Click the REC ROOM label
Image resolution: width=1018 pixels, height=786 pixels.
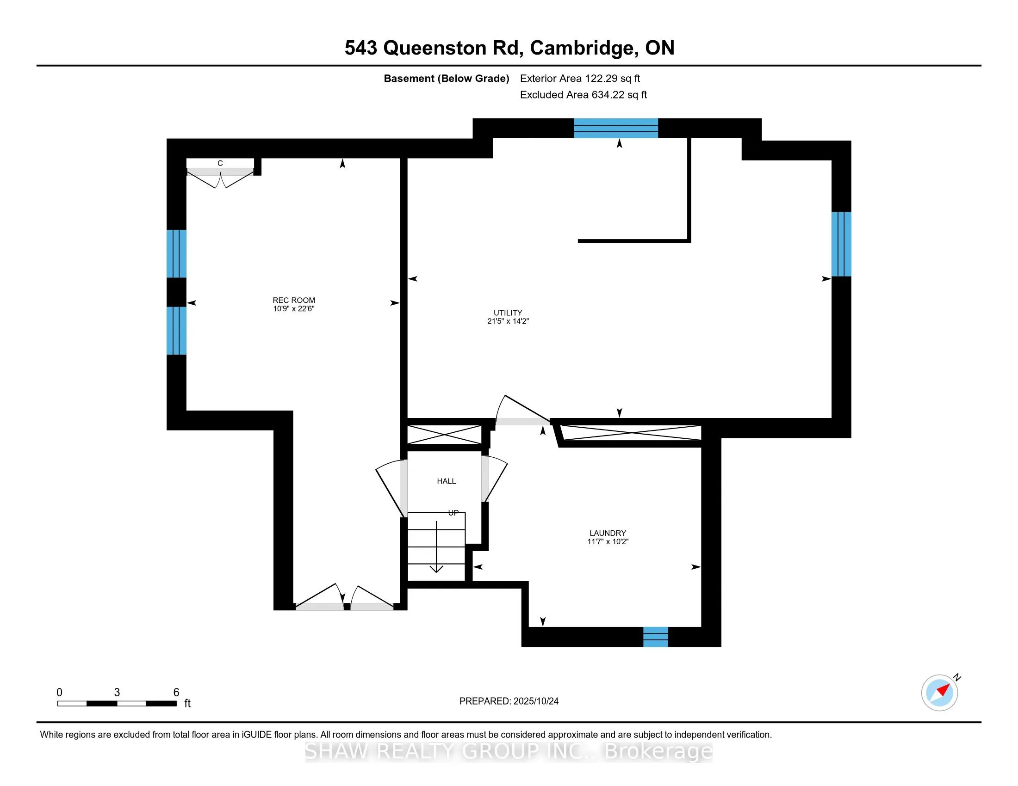click(x=294, y=301)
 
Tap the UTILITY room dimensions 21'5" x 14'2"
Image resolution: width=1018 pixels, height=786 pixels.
click(x=508, y=321)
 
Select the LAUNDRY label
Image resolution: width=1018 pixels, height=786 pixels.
click(x=608, y=533)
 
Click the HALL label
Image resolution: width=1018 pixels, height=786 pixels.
click(x=446, y=481)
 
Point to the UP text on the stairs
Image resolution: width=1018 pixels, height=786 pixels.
click(x=453, y=513)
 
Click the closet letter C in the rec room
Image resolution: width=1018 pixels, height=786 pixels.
click(x=220, y=163)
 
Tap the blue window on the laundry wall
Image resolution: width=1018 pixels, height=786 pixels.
click(x=655, y=637)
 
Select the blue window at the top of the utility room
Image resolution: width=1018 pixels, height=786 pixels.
click(x=615, y=128)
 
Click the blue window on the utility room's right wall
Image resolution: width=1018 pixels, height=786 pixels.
click(x=841, y=244)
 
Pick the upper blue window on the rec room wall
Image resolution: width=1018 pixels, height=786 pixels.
click(x=176, y=254)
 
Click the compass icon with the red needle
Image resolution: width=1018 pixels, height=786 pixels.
click(x=939, y=693)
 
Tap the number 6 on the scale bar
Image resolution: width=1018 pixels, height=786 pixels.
click(x=176, y=693)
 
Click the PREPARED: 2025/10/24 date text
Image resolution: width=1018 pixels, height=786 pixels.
click(x=509, y=701)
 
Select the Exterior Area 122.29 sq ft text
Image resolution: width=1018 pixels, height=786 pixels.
click(x=580, y=79)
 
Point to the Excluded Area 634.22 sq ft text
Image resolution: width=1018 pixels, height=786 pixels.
click(x=583, y=95)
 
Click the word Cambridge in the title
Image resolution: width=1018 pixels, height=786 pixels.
click(x=583, y=48)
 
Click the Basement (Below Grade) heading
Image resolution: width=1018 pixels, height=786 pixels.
click(x=446, y=79)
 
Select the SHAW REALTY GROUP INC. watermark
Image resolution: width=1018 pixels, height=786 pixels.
click(x=508, y=751)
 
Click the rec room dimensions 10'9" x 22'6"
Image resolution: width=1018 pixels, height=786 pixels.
click(x=294, y=309)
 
